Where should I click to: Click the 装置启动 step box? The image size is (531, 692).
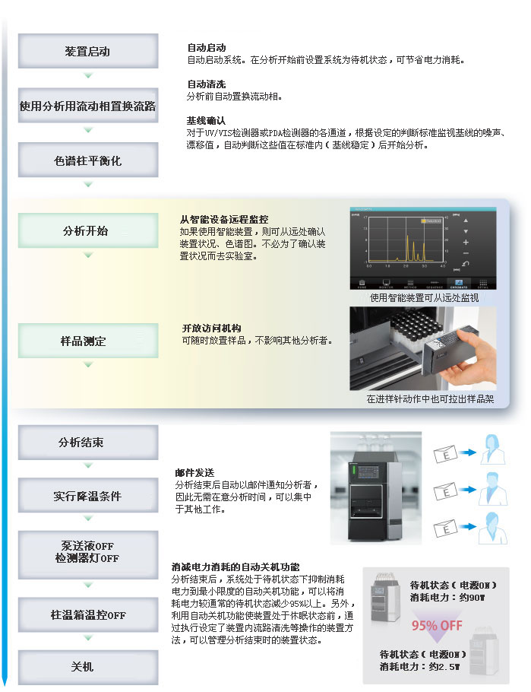pyautogui.click(x=88, y=51)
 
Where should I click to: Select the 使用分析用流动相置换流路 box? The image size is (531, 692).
pyautogui.click(x=88, y=106)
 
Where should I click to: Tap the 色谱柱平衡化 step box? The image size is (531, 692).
pyautogui.click(x=88, y=160)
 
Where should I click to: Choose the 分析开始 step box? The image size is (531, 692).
pyautogui.click(x=88, y=230)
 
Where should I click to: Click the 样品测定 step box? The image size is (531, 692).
pyautogui.click(x=88, y=341)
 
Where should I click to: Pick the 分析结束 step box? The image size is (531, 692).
pyautogui.click(x=88, y=442)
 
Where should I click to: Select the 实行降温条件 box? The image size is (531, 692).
pyautogui.click(x=88, y=496)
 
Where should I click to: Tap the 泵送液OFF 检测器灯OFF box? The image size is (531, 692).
pyautogui.click(x=88, y=551)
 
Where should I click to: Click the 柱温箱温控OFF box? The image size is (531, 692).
pyautogui.click(x=88, y=614)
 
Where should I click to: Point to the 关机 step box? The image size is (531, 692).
pyautogui.click(x=88, y=666)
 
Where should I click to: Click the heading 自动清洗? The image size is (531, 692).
pyautogui.click(x=207, y=84)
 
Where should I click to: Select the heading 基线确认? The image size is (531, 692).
pyautogui.click(x=207, y=120)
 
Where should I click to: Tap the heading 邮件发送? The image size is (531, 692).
pyautogui.click(x=194, y=472)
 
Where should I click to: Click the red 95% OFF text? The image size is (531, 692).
pyautogui.click(x=438, y=626)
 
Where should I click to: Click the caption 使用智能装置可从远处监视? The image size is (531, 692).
pyautogui.click(x=425, y=297)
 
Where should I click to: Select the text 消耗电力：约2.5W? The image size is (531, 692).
pyautogui.click(x=421, y=666)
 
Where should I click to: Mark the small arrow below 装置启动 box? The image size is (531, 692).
pyautogui.click(x=88, y=75)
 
